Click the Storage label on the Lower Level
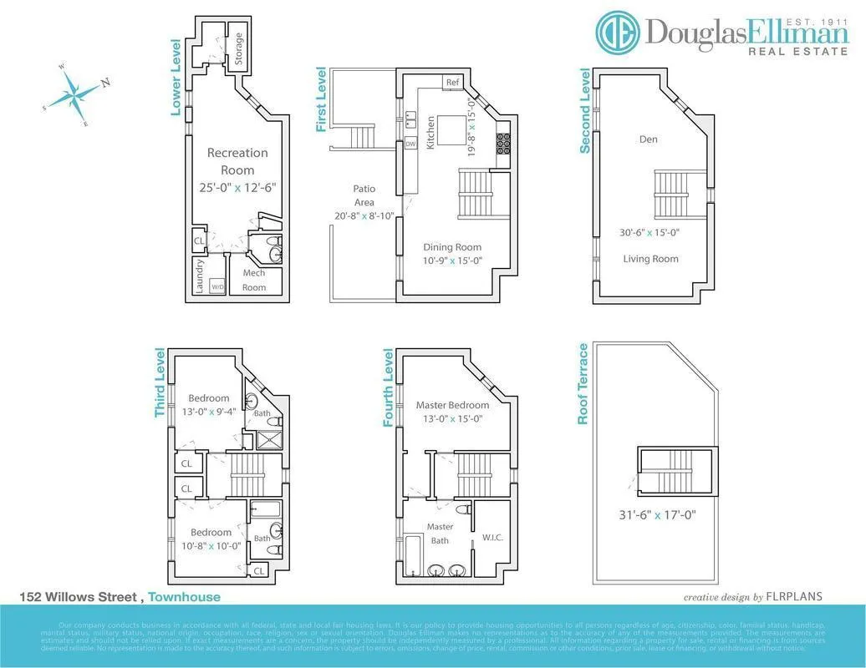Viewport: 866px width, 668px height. coord(239,49)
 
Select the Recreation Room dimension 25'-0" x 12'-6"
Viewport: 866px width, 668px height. coord(237,188)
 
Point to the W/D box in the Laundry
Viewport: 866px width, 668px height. coord(217,286)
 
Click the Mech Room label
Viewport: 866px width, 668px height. coord(254,281)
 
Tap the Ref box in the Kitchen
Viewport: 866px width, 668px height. coord(452,82)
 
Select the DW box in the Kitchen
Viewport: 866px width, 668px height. coord(410,144)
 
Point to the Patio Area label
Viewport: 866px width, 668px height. coord(364,195)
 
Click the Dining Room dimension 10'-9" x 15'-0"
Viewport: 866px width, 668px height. coord(452,261)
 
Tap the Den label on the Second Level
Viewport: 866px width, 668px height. coord(649,139)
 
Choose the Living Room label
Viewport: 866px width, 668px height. coord(651,259)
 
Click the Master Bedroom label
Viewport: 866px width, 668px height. coord(452,405)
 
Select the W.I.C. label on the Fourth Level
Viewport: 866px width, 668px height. coord(492,538)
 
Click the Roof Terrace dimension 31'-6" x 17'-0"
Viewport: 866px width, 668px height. coord(657,515)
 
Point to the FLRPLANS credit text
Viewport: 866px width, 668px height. coord(795,597)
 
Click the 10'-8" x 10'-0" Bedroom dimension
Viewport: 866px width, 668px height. coord(211,546)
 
